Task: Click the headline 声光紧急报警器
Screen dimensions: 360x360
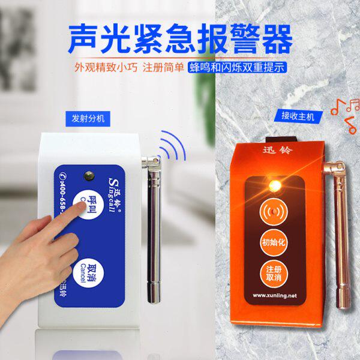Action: pos(180,38)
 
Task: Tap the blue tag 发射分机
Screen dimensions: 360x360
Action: pos(87,118)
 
